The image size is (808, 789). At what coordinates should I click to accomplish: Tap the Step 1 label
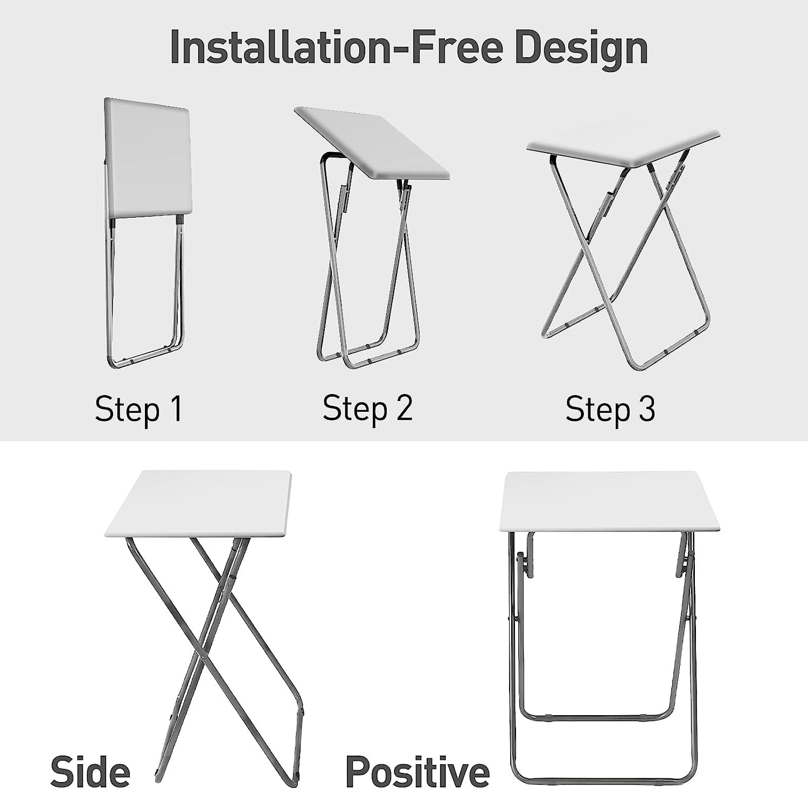pos(138,409)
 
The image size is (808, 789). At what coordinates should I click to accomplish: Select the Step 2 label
pos(367,408)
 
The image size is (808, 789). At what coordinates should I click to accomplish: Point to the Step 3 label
pos(610,409)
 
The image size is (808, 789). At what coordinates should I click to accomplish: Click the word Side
pos(90,772)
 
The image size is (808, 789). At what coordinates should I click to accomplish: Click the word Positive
pos(417,772)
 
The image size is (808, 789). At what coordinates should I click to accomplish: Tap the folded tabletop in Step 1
pos(148,159)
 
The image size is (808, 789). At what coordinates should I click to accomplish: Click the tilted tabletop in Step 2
pos(372,141)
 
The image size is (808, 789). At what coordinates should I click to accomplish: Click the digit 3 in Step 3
pos(647,409)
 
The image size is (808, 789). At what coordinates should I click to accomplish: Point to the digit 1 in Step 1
pos(176,409)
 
